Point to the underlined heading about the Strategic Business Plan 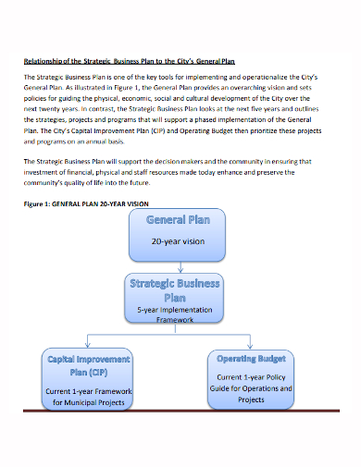pyautogui.click(x=129, y=62)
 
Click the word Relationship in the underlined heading pyautogui.click(x=43, y=62)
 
